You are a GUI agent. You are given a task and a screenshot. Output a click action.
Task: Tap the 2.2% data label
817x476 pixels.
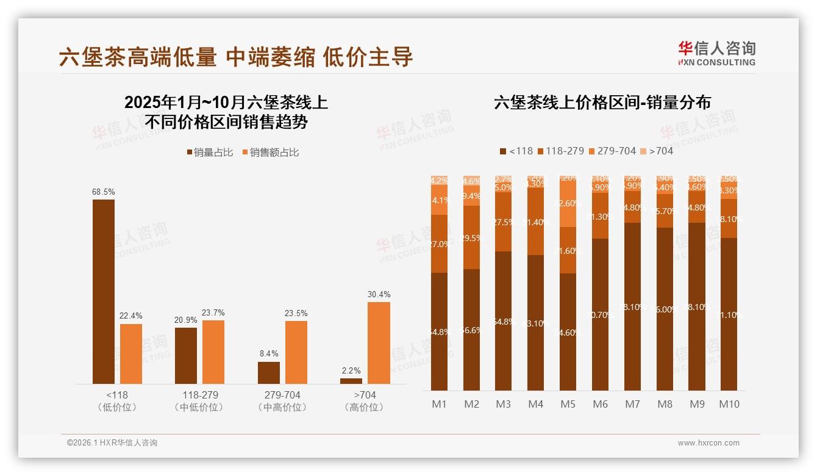pos(351,370)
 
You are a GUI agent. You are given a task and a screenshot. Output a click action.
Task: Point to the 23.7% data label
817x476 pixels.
pos(213,313)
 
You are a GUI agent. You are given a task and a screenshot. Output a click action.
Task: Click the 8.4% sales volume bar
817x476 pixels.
pos(269,373)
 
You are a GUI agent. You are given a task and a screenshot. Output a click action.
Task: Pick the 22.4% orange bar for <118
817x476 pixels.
pos(131,354)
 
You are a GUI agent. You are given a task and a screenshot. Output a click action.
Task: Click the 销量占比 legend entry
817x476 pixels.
pos(210,153)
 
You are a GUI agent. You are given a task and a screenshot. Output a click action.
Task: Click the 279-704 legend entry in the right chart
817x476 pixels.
pos(612,151)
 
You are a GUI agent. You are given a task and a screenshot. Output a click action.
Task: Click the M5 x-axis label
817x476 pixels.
pos(568,404)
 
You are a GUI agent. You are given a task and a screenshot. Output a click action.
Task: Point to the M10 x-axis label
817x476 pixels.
pos(729,404)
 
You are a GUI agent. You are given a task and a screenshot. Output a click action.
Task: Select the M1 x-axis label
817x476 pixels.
pos(439,404)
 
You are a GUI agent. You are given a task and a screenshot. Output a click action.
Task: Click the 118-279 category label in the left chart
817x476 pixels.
pos(200,395)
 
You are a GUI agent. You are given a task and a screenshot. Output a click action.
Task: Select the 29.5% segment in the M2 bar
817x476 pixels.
pos(471,238)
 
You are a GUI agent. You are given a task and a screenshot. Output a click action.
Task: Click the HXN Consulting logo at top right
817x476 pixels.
pos(716,53)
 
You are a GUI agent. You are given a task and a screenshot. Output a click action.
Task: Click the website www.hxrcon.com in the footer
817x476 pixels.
pos(708,443)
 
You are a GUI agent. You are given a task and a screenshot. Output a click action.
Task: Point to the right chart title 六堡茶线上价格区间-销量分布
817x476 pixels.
pos(602,103)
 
